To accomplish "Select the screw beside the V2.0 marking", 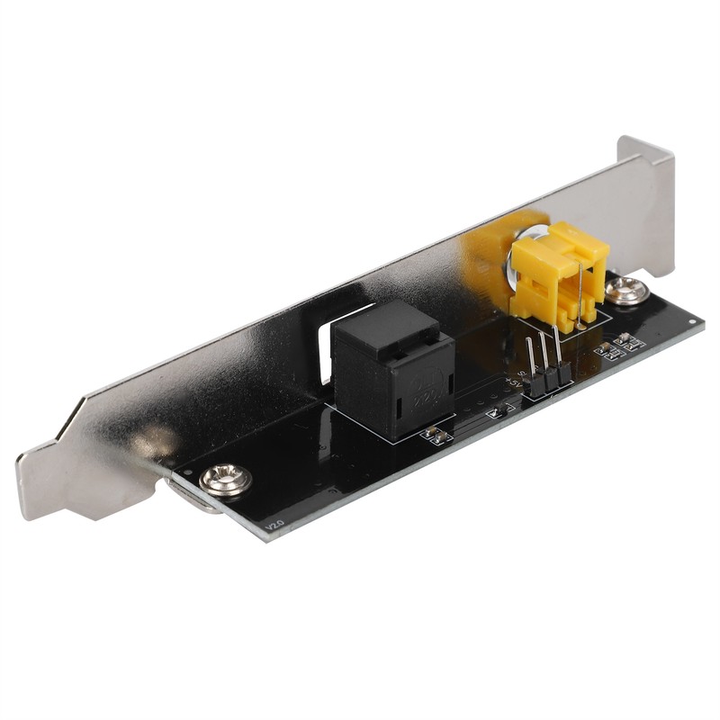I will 225,480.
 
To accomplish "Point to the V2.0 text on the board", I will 274,521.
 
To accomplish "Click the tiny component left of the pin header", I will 495,411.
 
